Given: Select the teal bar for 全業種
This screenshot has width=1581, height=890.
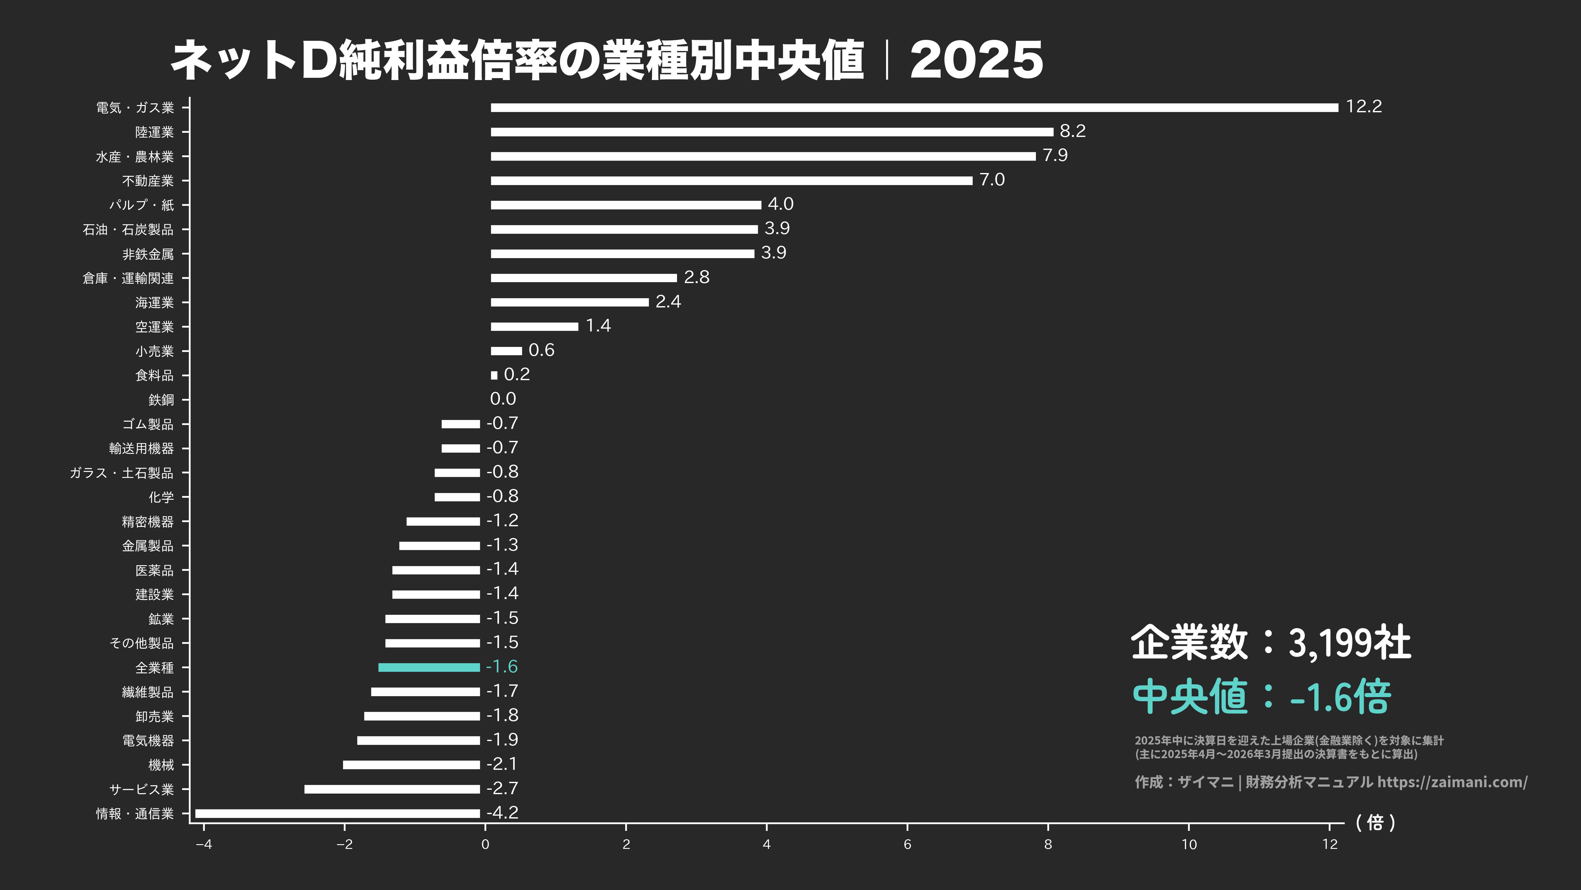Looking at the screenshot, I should tap(429, 667).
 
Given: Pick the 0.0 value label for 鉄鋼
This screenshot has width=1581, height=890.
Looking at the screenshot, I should tap(503, 399).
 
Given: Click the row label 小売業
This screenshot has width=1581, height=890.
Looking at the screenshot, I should tap(155, 351).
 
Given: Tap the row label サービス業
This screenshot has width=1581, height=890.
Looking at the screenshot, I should tap(142, 789).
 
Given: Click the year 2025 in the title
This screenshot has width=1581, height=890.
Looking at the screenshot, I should tap(976, 60).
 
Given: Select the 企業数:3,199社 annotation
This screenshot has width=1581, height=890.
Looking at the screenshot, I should tap(1270, 643).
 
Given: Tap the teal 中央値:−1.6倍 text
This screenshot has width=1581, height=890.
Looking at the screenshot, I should tap(1261, 697).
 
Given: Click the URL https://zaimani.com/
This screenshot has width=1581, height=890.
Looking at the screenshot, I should tap(1452, 782).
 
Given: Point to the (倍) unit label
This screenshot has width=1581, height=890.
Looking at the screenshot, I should tap(1375, 823).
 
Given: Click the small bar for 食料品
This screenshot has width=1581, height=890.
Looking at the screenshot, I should tap(494, 375).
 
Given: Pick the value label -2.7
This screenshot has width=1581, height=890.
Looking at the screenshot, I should tap(502, 788).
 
